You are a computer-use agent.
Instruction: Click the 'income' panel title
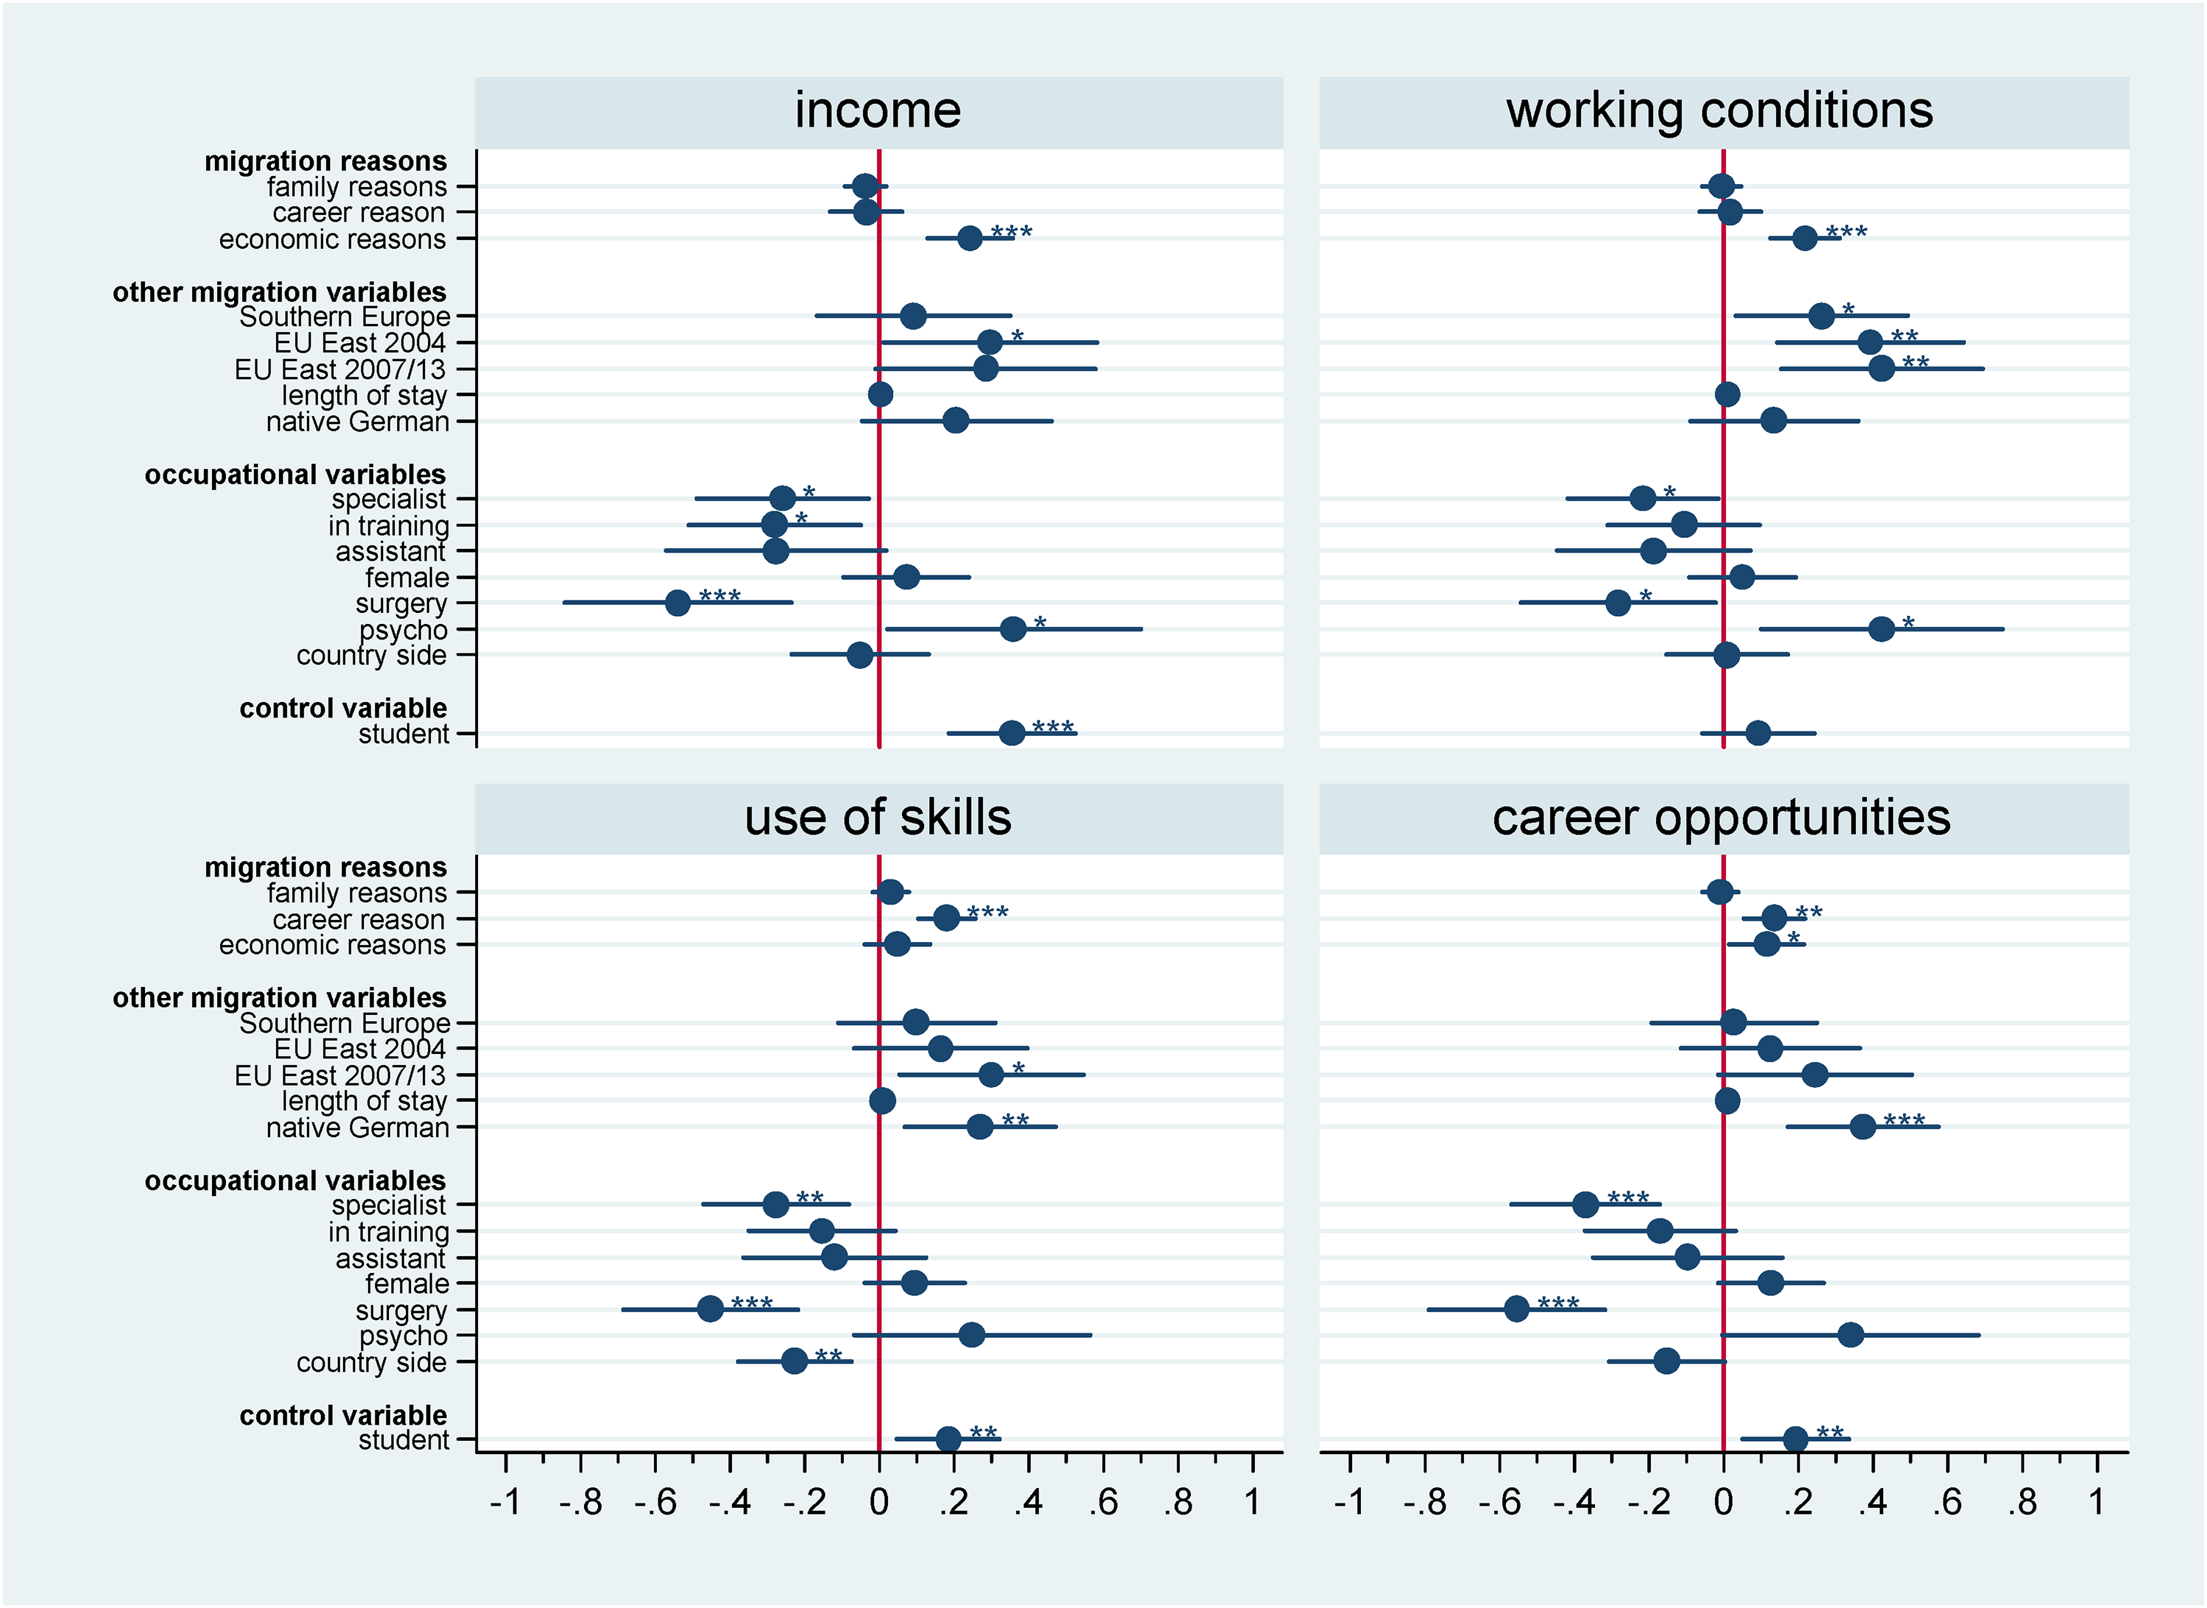[878, 110]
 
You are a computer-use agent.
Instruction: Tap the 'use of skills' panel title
[878, 818]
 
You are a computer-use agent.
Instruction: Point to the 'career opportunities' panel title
[1721, 818]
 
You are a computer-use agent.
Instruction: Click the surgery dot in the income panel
[678, 603]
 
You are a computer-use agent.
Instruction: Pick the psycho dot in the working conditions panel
[1882, 628]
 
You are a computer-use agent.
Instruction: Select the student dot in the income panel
[1012, 733]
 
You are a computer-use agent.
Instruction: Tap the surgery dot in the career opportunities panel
[1517, 1309]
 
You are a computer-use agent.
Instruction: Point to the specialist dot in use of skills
[775, 1205]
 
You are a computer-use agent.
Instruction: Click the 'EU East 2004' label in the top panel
[360, 343]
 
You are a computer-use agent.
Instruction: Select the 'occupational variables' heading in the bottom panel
[295, 1180]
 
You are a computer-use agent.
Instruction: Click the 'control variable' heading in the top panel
[343, 708]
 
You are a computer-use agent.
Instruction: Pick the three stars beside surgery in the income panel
[720, 595]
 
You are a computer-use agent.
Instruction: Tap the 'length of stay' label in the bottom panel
[364, 1101]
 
